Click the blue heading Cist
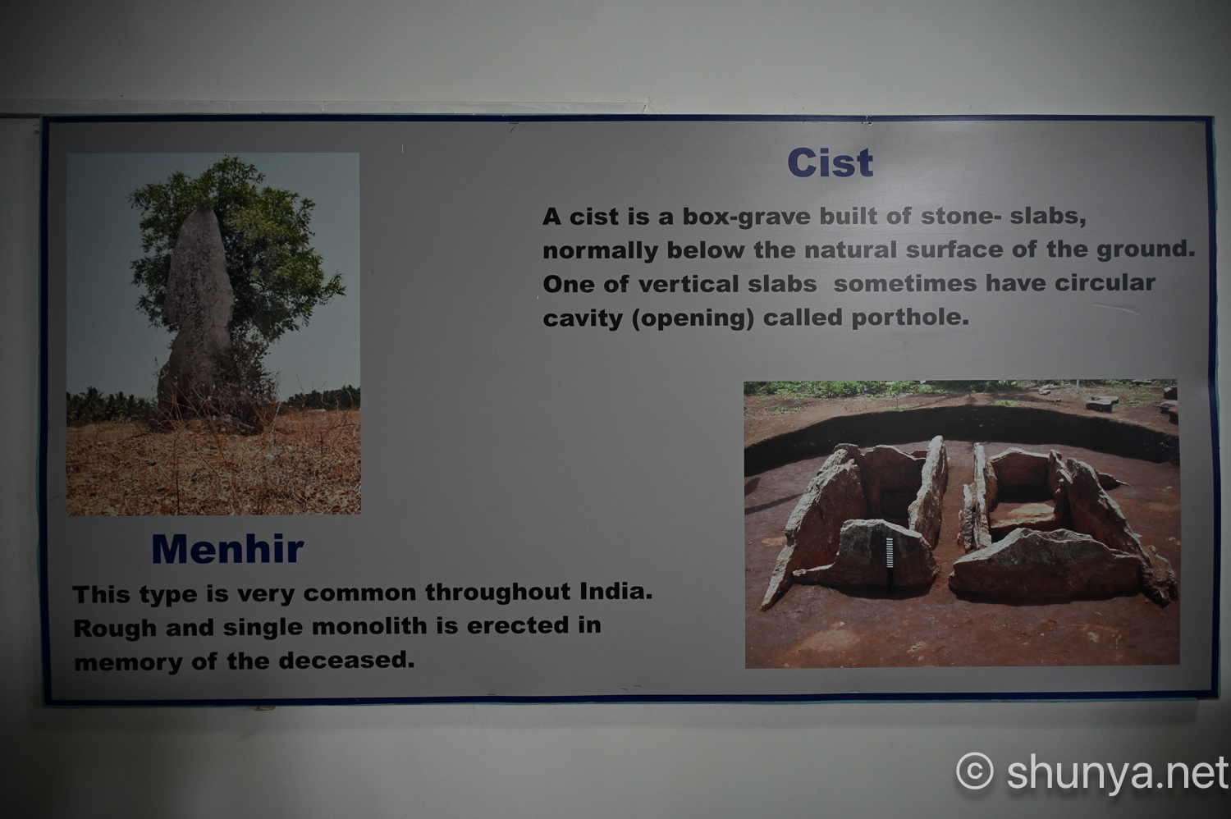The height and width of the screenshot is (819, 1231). [x=830, y=162]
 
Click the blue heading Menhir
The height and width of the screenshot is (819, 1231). [x=227, y=548]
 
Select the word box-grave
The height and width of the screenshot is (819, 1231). [x=746, y=217]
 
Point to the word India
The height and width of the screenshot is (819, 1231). [x=616, y=592]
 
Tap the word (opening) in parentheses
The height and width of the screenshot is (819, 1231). [x=693, y=318]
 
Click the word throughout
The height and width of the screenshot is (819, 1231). [x=498, y=592]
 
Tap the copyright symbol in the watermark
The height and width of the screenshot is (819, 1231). [x=975, y=771]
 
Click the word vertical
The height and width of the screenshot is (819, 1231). [x=689, y=284]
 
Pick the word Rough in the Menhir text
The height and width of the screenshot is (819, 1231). [x=115, y=629]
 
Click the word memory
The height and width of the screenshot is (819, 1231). [x=128, y=663]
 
